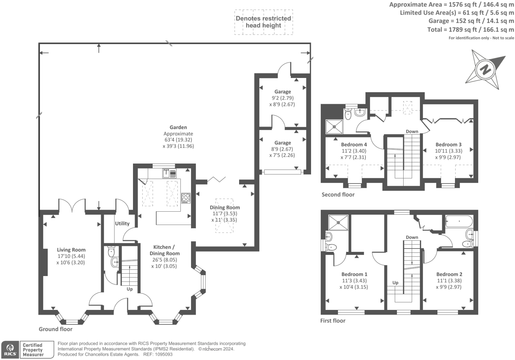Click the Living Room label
tap(71, 250)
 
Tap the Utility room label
tap(122, 223)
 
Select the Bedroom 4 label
tap(354, 144)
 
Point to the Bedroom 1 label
tap(354, 274)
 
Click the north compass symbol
tap(485, 70)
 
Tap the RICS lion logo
tap(10, 350)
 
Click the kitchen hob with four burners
tap(186, 198)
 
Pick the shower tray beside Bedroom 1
tap(338, 223)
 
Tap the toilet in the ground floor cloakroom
tap(111, 252)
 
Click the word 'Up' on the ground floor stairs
tap(130, 289)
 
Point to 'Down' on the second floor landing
tap(412, 131)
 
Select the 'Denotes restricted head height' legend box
tap(264, 22)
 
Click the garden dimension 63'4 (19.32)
tap(178, 140)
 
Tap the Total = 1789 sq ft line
tap(471, 30)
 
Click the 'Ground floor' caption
tap(55, 329)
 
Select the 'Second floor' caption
tap(338, 194)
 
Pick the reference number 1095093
tap(162, 354)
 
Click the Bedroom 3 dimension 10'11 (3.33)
tap(448, 151)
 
